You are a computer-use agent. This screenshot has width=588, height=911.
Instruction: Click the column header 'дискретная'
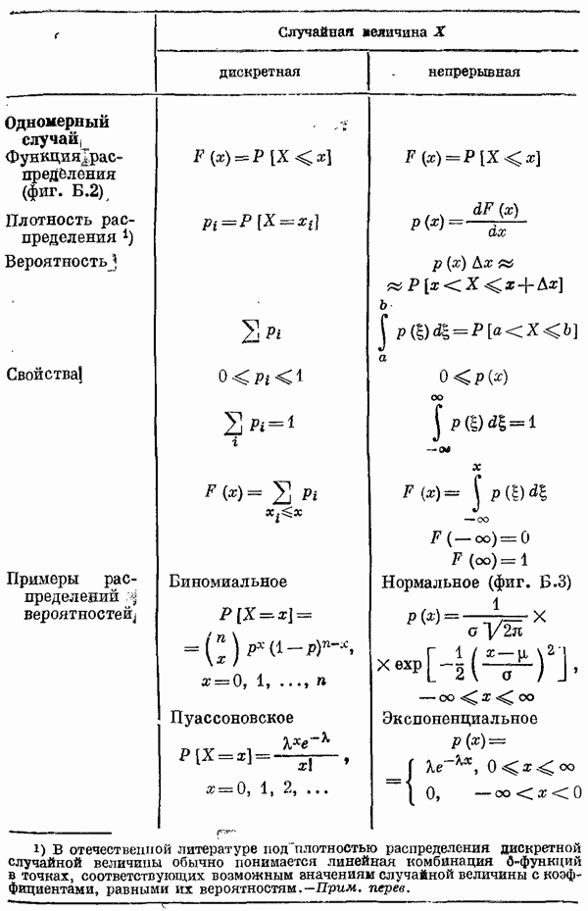[260, 72]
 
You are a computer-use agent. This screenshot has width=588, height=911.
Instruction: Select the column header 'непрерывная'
[474, 72]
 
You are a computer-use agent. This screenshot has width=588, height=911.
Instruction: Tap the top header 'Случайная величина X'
[362, 32]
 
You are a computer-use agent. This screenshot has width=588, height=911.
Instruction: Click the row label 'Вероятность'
[56, 262]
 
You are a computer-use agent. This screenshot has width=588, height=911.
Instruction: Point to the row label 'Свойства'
[41, 375]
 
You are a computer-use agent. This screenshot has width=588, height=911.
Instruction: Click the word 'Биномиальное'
[227, 582]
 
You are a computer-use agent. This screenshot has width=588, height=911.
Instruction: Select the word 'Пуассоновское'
[231, 718]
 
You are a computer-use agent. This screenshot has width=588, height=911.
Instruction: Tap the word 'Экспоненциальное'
[460, 718]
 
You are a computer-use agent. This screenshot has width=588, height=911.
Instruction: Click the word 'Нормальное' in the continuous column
[430, 582]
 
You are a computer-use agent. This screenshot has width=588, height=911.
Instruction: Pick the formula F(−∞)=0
[480, 537]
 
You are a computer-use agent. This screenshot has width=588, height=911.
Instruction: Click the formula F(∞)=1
[490, 560]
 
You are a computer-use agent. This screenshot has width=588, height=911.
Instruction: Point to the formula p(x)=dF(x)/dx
[469, 221]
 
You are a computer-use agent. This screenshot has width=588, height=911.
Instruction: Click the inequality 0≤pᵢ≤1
[261, 377]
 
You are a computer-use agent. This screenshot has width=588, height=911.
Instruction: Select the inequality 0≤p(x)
[473, 378]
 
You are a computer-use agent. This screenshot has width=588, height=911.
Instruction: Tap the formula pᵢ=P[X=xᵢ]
[261, 222]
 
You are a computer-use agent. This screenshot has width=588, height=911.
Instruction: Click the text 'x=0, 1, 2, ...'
[267, 789]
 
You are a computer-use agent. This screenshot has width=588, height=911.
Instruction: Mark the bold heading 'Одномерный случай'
[57, 130]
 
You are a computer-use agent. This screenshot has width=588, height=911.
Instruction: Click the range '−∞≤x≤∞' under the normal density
[476, 696]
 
